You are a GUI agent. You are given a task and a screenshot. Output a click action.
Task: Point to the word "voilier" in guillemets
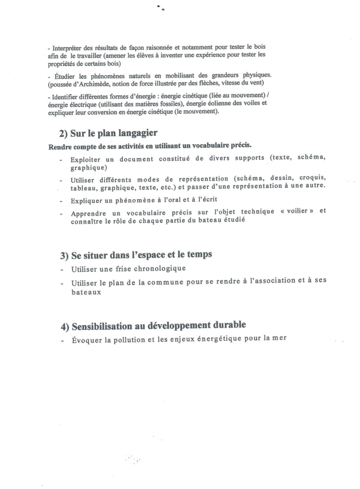[x=289, y=211]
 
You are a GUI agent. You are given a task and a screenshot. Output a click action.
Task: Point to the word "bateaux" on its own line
[x=85, y=292]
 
